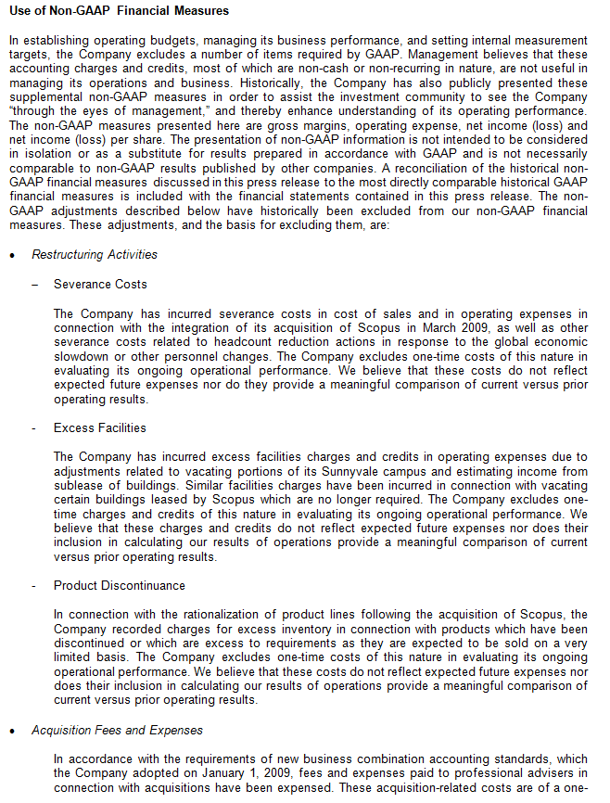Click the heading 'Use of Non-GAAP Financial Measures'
[x=118, y=11]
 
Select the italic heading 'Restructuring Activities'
[x=95, y=255]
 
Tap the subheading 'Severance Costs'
[x=100, y=285]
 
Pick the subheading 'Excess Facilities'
[x=99, y=428]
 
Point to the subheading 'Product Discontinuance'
[x=119, y=586]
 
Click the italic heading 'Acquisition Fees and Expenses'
[x=117, y=731]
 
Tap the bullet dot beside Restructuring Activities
[x=11, y=256]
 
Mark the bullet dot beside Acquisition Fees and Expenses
[x=11, y=732]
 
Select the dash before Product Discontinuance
[x=33, y=586]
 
